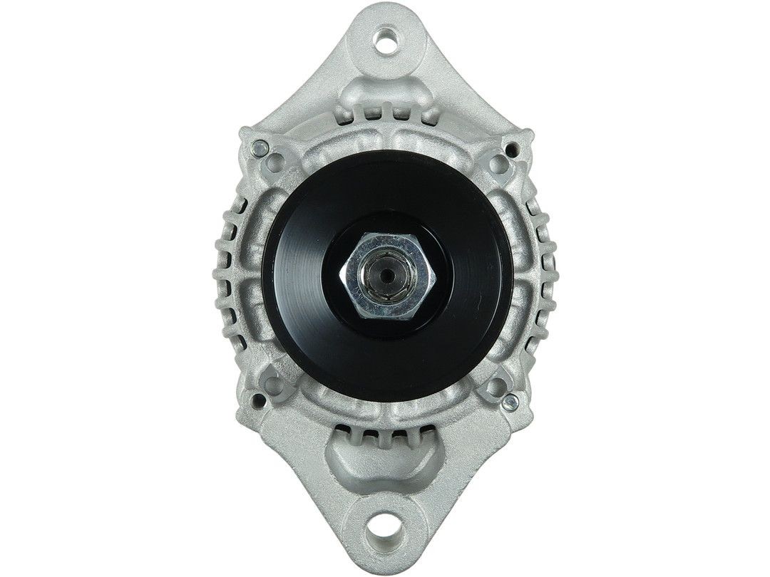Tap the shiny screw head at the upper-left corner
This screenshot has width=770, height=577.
tap(258, 149)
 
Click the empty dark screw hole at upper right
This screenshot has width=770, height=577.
tap(511, 148)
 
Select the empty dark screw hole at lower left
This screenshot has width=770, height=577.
tap(259, 403)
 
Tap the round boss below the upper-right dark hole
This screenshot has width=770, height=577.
tap(498, 165)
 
